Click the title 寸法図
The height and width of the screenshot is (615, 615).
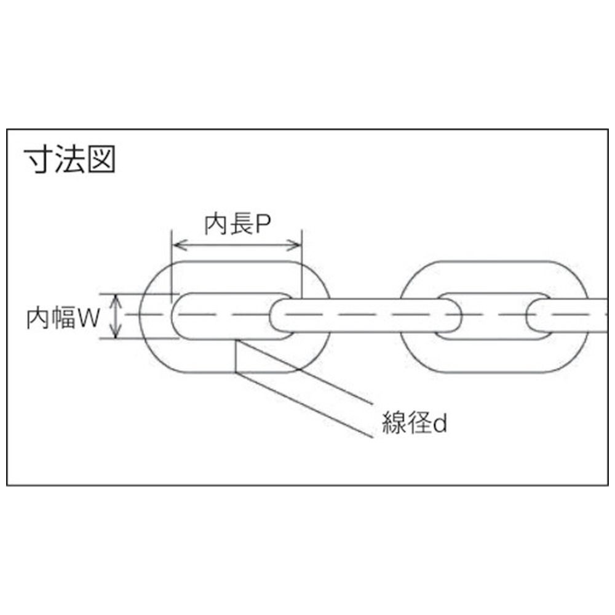[70, 159]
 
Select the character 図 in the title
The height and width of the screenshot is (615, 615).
[101, 159]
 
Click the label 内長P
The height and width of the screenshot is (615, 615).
[237, 224]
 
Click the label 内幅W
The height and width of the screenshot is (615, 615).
[63, 318]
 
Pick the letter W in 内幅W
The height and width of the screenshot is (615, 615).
[89, 319]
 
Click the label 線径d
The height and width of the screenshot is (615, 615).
[415, 423]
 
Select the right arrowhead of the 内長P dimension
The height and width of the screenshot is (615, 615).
[296, 245]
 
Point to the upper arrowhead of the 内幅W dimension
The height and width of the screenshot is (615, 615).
[116, 301]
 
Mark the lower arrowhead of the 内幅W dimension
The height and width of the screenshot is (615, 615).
[116, 332]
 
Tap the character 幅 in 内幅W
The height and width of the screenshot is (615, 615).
[63, 318]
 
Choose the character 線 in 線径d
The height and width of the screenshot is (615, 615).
[394, 423]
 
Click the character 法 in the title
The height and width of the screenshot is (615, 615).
[70, 159]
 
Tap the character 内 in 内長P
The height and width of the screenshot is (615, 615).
[216, 224]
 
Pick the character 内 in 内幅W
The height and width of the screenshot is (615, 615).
[38, 319]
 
